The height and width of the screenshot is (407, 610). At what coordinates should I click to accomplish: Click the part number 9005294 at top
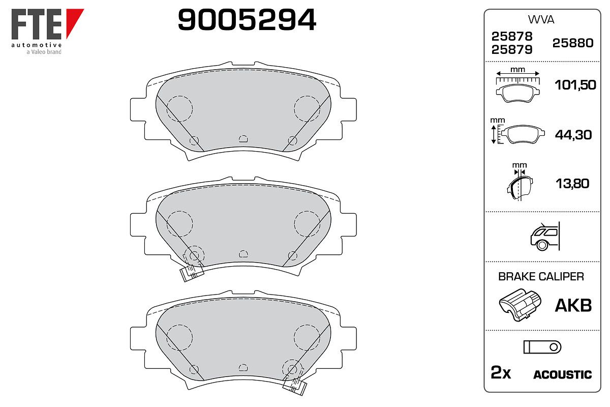pyautogui.click(x=247, y=20)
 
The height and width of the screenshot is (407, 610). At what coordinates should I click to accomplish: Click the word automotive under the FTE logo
pyautogui.click(x=37, y=45)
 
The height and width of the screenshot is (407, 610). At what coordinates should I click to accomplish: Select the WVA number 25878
pyautogui.click(x=512, y=36)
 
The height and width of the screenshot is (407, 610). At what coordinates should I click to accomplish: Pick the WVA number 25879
pyautogui.click(x=512, y=50)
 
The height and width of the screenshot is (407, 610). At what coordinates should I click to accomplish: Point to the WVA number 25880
pyautogui.click(x=573, y=43)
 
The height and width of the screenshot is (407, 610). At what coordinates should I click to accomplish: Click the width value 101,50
pyautogui.click(x=575, y=85)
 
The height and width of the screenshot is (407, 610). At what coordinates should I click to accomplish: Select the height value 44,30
pyautogui.click(x=573, y=135)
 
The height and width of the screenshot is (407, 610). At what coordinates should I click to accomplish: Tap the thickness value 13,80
pyautogui.click(x=572, y=184)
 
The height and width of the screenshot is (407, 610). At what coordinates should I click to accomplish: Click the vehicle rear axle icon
pyautogui.click(x=545, y=236)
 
